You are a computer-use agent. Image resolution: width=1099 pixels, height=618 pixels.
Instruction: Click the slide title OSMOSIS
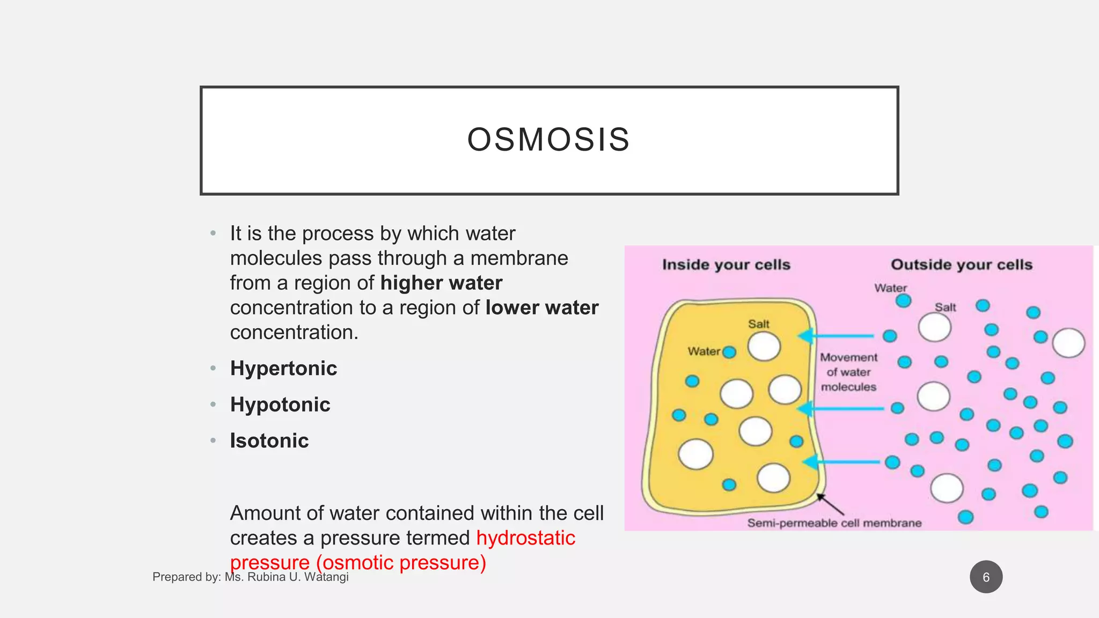coord(548,139)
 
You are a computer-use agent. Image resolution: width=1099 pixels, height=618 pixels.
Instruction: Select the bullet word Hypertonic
coord(283,369)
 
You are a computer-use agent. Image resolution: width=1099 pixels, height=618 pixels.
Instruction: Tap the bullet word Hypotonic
coord(280,404)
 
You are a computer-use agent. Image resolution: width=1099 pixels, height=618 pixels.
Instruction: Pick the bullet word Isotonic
coord(269,440)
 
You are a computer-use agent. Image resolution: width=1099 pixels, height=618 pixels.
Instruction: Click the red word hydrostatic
coord(525,538)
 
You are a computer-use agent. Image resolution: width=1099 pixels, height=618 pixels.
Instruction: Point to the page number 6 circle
coord(986,577)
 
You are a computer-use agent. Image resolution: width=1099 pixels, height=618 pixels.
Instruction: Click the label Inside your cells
coord(726,264)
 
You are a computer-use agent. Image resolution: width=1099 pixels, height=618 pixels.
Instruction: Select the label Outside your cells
coord(962,264)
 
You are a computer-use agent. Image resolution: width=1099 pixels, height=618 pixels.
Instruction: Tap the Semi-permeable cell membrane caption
coord(834,523)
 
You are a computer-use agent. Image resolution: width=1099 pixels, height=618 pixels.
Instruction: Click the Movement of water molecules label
coord(848,372)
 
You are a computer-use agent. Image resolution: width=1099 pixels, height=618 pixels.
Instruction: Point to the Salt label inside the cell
coord(758,324)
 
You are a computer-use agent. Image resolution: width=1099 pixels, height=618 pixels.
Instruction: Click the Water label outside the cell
coord(890,288)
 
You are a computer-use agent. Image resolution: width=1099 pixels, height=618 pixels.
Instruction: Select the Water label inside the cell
coord(704,351)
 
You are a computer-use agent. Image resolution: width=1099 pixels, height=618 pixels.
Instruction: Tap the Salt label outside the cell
coord(945,307)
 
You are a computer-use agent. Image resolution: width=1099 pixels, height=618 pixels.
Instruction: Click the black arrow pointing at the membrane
coord(830,505)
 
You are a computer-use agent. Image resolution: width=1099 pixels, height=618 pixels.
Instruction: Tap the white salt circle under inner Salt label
coord(764,347)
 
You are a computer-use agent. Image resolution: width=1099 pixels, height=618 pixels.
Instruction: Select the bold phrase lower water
coord(542,307)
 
